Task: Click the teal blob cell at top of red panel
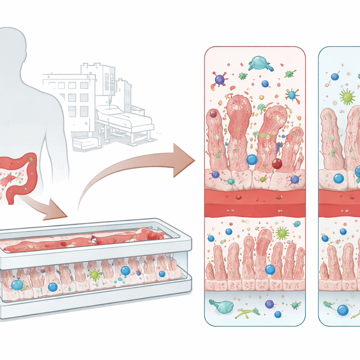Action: (x=260, y=63)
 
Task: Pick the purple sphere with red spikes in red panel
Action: (x=220, y=79)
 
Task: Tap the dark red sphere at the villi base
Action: (x=277, y=163)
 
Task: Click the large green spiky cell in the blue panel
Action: (x=347, y=96)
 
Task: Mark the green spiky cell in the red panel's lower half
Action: (x=282, y=233)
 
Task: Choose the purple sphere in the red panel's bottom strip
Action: (x=269, y=304)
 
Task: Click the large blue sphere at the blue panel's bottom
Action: (x=343, y=310)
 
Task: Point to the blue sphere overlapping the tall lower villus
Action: (x=270, y=269)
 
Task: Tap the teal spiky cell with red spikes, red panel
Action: (x=291, y=94)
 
